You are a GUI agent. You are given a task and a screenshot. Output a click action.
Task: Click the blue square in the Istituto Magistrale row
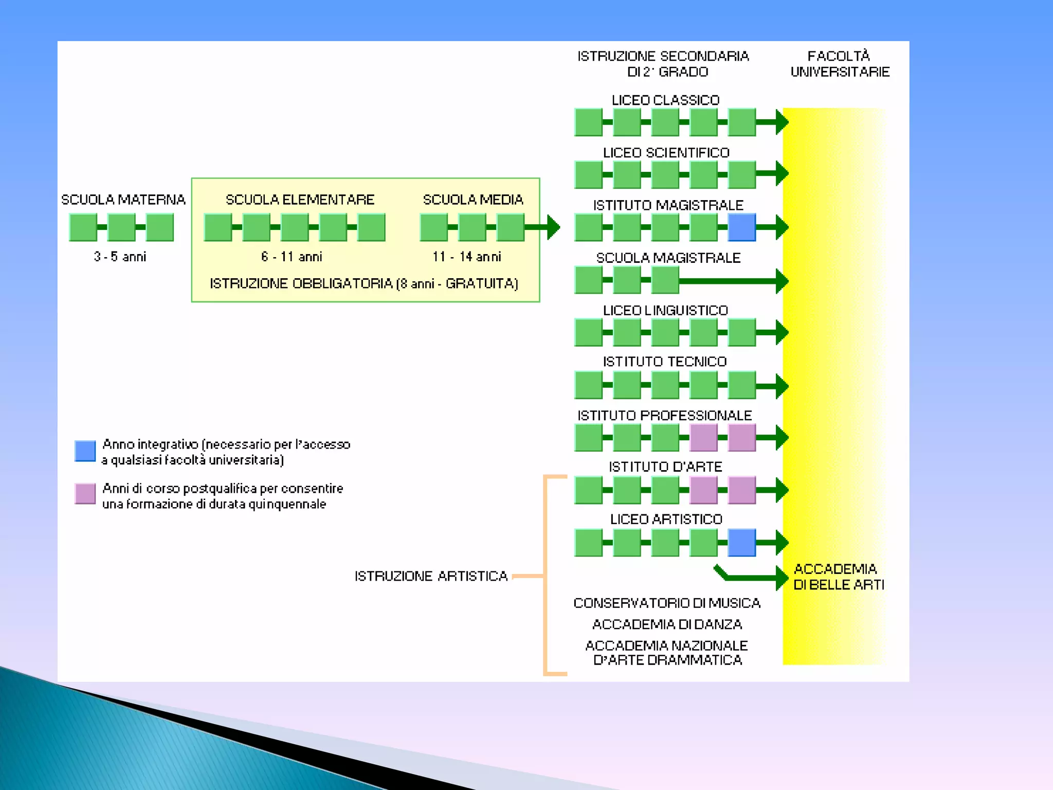point(741,227)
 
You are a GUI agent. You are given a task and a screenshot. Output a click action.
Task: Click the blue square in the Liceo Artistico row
point(741,543)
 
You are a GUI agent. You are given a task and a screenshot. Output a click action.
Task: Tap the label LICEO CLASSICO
point(665,100)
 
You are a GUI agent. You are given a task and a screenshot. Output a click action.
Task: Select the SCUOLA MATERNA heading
point(123,200)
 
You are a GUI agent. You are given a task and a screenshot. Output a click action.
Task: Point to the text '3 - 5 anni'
point(120,257)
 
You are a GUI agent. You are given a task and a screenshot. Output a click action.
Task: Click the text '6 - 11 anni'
point(292,257)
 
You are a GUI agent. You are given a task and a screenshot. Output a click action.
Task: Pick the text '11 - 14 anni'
point(466,257)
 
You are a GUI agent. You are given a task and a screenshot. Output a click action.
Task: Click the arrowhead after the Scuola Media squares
point(553,227)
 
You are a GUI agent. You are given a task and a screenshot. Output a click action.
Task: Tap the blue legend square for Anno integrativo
point(85,451)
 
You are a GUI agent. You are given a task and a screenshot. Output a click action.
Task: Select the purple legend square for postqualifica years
point(85,494)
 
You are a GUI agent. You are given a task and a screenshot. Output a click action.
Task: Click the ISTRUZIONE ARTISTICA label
point(431,576)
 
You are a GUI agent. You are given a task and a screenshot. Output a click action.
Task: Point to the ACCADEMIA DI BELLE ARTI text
point(838,577)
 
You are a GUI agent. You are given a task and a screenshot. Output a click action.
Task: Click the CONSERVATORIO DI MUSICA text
point(667,603)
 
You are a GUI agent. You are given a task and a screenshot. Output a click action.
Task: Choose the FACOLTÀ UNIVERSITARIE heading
point(840,64)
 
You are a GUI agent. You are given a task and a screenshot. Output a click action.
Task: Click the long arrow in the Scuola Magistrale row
point(730,281)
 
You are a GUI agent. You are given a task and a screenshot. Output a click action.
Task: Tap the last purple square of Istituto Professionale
point(741,437)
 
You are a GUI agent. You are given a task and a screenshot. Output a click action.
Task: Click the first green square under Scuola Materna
point(83,227)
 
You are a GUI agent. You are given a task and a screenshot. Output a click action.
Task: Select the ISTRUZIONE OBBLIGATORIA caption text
point(364,283)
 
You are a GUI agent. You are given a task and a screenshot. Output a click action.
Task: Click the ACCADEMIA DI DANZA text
point(667,624)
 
